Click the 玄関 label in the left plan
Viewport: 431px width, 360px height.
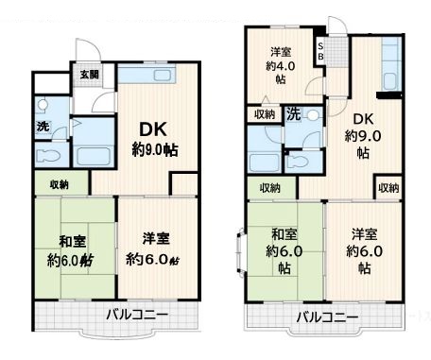click(90, 75)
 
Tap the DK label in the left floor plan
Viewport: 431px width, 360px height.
click(153, 129)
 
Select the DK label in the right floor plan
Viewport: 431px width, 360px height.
click(363, 119)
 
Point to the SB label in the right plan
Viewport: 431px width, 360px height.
click(320, 51)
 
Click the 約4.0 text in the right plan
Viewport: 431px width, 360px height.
click(281, 66)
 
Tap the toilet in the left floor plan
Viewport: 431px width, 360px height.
click(48, 156)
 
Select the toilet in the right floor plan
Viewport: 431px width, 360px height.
click(297, 162)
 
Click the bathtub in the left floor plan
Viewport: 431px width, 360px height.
click(94, 156)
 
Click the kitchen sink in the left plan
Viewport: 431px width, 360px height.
click(162, 76)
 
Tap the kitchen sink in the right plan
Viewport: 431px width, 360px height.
click(389, 82)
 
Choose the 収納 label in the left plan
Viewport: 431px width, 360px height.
click(60, 184)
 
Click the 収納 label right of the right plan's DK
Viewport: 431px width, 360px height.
click(388, 188)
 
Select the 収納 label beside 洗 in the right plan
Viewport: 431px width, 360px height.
click(265, 114)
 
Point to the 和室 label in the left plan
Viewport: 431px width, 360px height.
click(73, 242)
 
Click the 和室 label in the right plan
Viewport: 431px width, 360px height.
click(284, 234)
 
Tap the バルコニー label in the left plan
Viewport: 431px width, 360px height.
click(137, 315)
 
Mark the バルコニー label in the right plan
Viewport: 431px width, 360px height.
click(327, 317)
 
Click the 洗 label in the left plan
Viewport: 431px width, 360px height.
click(43, 127)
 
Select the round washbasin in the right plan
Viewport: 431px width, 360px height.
click(313, 115)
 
